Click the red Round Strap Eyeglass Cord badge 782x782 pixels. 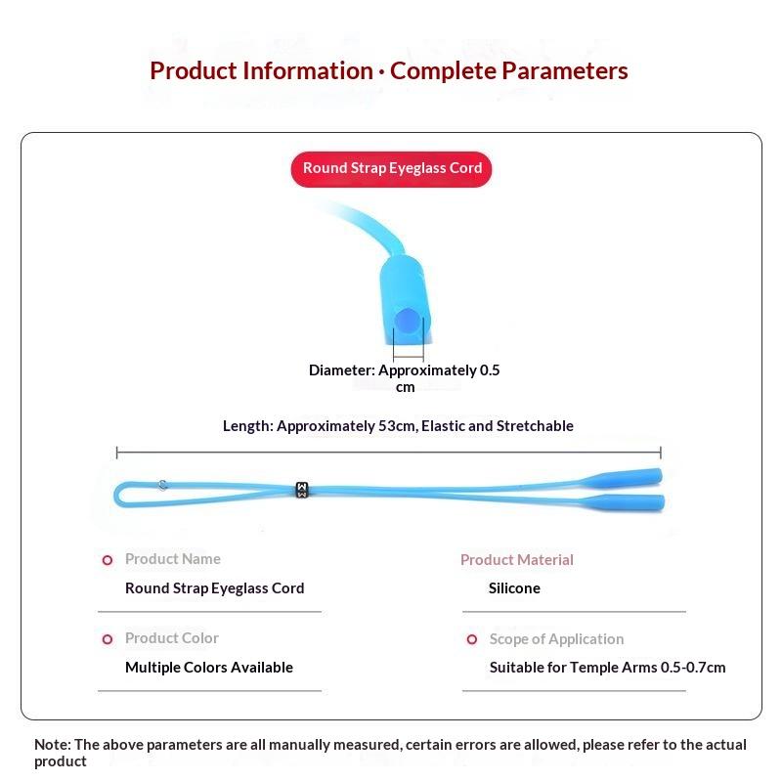[391, 169]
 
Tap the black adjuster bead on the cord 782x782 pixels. [302, 490]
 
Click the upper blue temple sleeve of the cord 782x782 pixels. [624, 479]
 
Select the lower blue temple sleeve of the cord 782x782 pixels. [624, 501]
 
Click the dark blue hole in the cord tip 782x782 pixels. [407, 321]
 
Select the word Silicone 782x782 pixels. [514, 588]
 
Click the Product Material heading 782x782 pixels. [517, 559]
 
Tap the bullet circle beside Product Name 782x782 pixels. [108, 560]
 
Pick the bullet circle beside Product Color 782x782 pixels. [108, 639]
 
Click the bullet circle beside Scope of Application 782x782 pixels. [472, 639]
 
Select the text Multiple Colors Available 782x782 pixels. [209, 668]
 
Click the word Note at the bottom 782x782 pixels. [52, 745]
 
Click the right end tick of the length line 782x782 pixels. [661, 453]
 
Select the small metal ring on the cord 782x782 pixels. [162, 485]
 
